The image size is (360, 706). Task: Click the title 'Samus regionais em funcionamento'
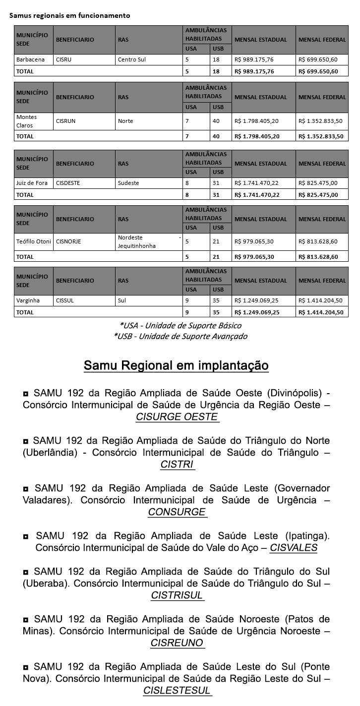69,15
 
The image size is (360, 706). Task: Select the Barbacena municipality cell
30,59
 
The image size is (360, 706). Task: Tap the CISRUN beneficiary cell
65,121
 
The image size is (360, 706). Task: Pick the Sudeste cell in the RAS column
128,183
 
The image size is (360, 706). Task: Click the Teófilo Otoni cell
32,241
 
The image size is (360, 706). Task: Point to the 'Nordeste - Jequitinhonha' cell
149,241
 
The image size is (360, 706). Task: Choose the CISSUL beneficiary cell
65,300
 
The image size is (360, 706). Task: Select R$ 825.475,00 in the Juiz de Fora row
318,183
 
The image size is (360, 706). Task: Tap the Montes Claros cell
26,121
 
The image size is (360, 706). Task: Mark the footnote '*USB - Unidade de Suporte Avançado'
180,336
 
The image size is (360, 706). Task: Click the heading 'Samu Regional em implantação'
176,366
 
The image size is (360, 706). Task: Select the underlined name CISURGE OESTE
177,417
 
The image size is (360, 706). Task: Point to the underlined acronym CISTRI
177,465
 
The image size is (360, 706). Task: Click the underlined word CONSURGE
177,512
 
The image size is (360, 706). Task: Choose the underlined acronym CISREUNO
177,643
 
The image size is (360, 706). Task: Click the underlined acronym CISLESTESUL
177,691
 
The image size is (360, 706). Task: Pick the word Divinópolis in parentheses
295,393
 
